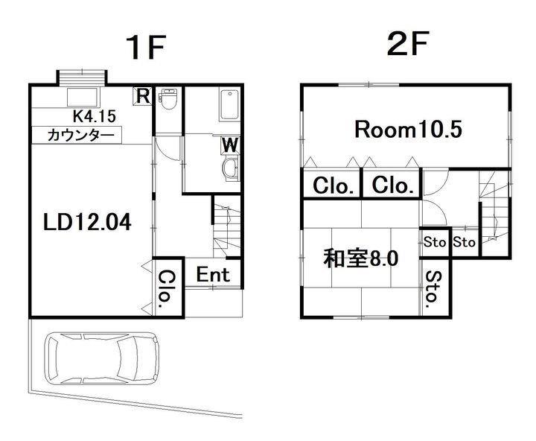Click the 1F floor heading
pos(144,48)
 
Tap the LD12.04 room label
pos(87,221)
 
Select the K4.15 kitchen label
pos(94,116)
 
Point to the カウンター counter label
pos(80,136)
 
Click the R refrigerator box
pos(142,96)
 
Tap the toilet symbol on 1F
pos(168,98)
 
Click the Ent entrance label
pos(213,273)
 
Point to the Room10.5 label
pos(408,130)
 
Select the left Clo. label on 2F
pos(332,186)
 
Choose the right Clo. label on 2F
pos(392,186)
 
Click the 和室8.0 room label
pos(360,258)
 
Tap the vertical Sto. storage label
pos(432,290)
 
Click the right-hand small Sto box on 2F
pos(464,242)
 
